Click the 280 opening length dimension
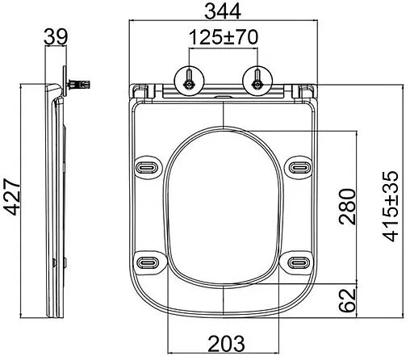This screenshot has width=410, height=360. (x=347, y=208)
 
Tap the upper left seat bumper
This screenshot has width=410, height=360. (x=149, y=165)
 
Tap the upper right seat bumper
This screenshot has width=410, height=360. (x=297, y=165)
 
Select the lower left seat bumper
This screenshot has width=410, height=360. (x=149, y=262)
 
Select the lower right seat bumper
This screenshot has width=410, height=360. (x=297, y=262)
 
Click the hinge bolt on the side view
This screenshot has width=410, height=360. (x=78, y=83)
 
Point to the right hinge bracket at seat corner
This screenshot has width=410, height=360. (x=306, y=91)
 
